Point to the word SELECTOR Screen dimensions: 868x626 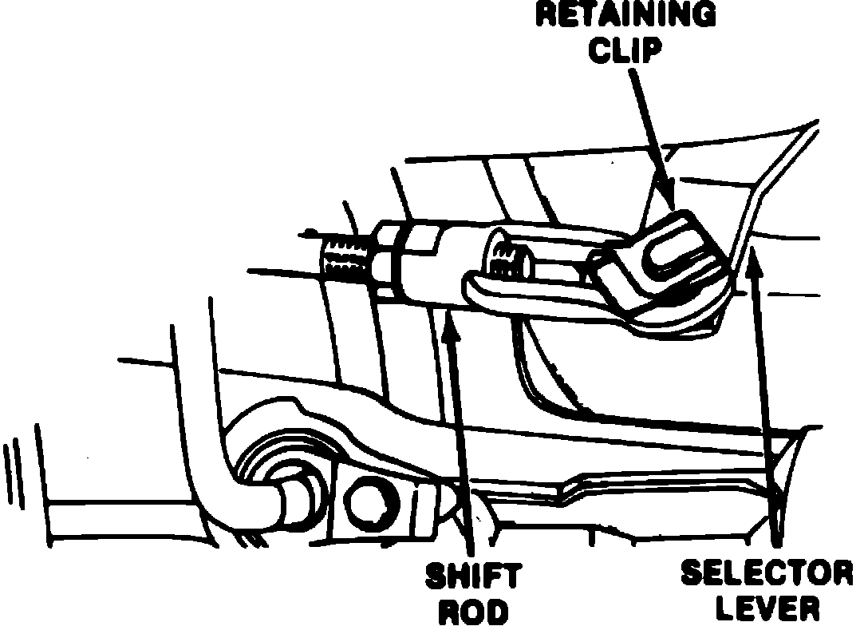(767, 573)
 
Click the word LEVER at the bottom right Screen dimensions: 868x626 (767, 609)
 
